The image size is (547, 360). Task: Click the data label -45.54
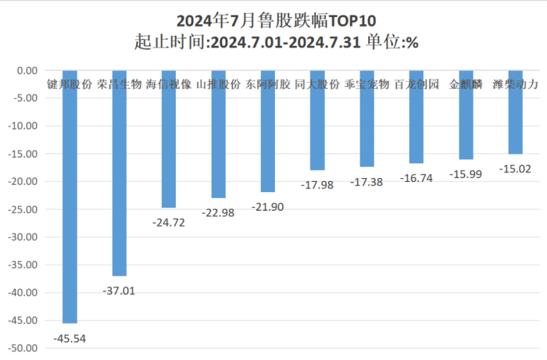click(x=69, y=338)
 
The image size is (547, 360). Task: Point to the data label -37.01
click(x=119, y=290)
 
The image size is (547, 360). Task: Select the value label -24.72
click(x=168, y=223)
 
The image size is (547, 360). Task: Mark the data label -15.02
click(x=515, y=169)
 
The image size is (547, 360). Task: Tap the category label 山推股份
click(x=218, y=83)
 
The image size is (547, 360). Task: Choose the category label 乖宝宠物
click(x=366, y=83)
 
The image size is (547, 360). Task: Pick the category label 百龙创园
click(x=417, y=83)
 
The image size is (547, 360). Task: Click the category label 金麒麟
click(x=467, y=83)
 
